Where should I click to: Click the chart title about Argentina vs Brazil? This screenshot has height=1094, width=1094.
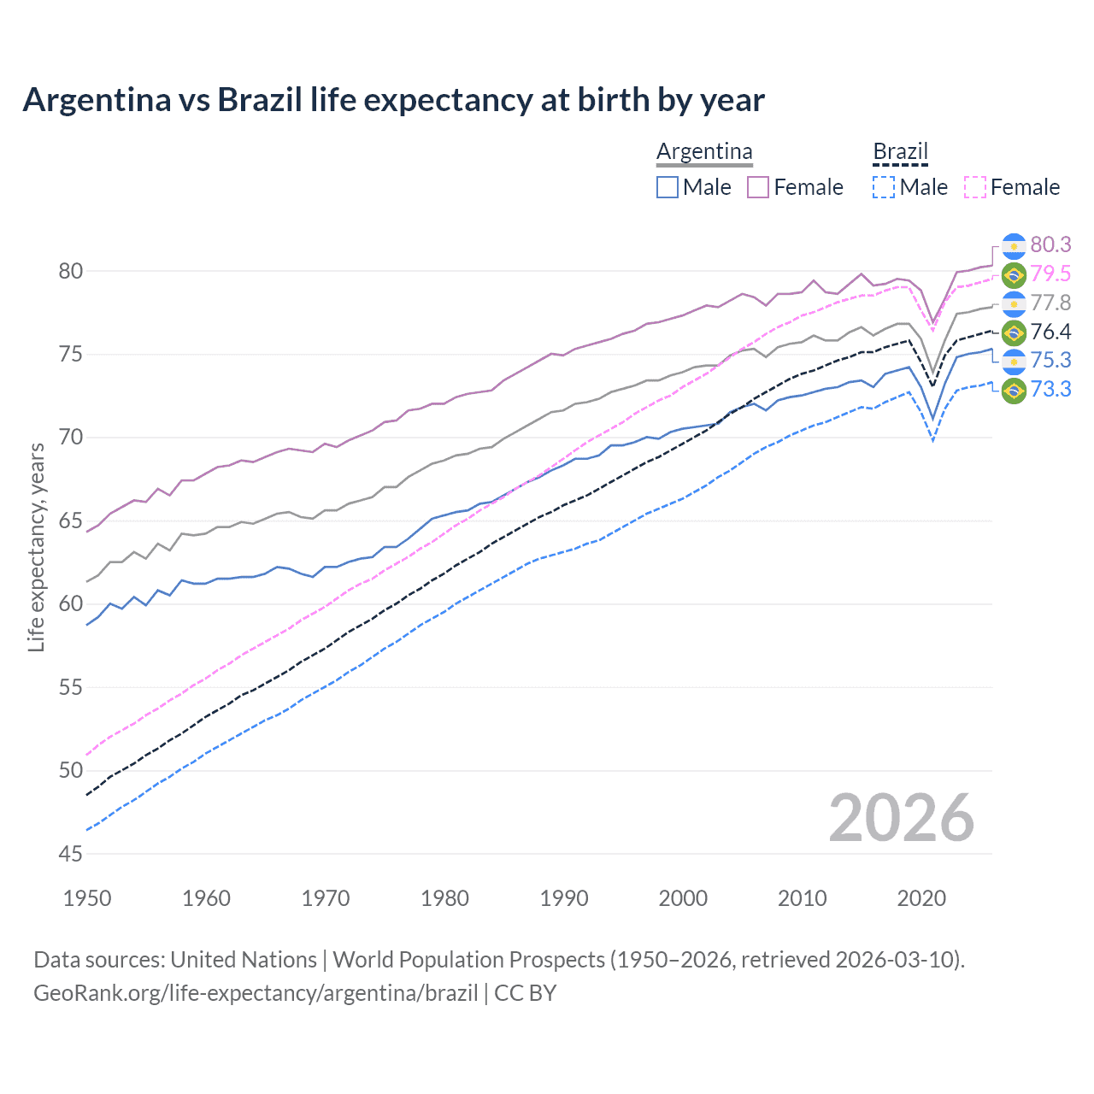393,100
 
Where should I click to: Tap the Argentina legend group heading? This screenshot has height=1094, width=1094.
704,151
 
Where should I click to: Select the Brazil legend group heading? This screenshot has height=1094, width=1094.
900,151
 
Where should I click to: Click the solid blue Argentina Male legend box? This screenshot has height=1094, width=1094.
668,187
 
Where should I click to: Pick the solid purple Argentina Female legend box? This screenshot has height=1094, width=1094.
758,187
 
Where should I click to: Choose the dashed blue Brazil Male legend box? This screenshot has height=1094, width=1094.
884,187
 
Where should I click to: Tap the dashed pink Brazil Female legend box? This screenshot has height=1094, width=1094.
974,187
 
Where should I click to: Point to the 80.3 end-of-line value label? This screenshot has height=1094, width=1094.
1050,244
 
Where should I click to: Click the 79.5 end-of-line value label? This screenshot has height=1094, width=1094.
1050,273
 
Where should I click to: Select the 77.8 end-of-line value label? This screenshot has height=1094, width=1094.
1050,303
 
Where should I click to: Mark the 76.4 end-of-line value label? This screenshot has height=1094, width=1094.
1050,332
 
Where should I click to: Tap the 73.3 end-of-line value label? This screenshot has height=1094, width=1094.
1050,389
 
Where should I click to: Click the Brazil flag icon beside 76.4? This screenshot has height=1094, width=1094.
1014,332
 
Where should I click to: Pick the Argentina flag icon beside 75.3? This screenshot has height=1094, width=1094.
1014,361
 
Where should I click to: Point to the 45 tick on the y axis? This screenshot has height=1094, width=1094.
71,854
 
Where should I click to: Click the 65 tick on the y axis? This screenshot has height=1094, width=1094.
71,521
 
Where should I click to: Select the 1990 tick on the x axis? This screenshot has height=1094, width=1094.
564,898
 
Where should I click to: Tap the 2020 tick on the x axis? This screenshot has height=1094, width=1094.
921,898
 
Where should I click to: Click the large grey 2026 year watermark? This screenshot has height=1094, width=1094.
901,818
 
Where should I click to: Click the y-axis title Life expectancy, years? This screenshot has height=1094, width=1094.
37,547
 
